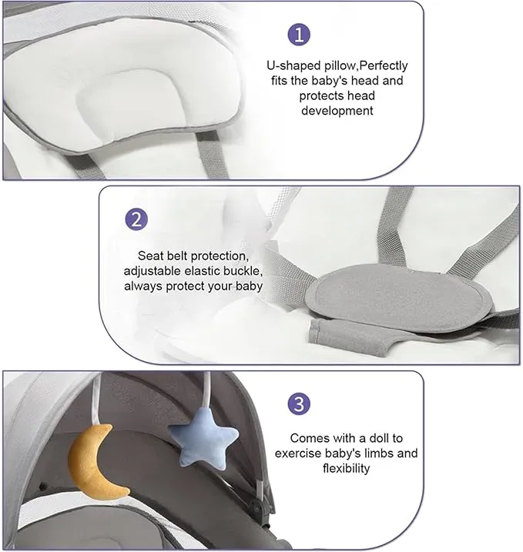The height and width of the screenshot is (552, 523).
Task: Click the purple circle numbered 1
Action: point(299,35)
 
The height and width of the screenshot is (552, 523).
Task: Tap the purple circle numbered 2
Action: point(136,219)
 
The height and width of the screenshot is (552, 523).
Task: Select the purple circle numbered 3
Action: point(299,403)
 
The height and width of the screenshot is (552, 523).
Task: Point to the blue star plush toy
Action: point(203,437)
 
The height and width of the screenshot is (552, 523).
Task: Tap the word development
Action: point(337,111)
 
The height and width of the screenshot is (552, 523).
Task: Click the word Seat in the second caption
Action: point(150,256)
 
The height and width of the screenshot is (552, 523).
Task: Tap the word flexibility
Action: point(346,469)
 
